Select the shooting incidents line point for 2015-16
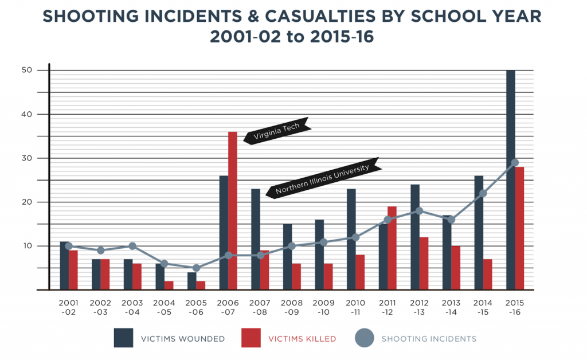pyautogui.click(x=515, y=163)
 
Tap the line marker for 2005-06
pyautogui.click(x=196, y=268)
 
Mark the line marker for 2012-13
pyautogui.click(x=419, y=211)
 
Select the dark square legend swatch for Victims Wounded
pyautogui.click(x=123, y=338)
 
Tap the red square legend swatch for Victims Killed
pyautogui.click(x=251, y=338)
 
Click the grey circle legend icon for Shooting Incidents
pyautogui.click(x=364, y=338)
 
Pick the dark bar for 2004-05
pyautogui.click(x=160, y=276)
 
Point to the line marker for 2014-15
pyautogui.click(x=483, y=193)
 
